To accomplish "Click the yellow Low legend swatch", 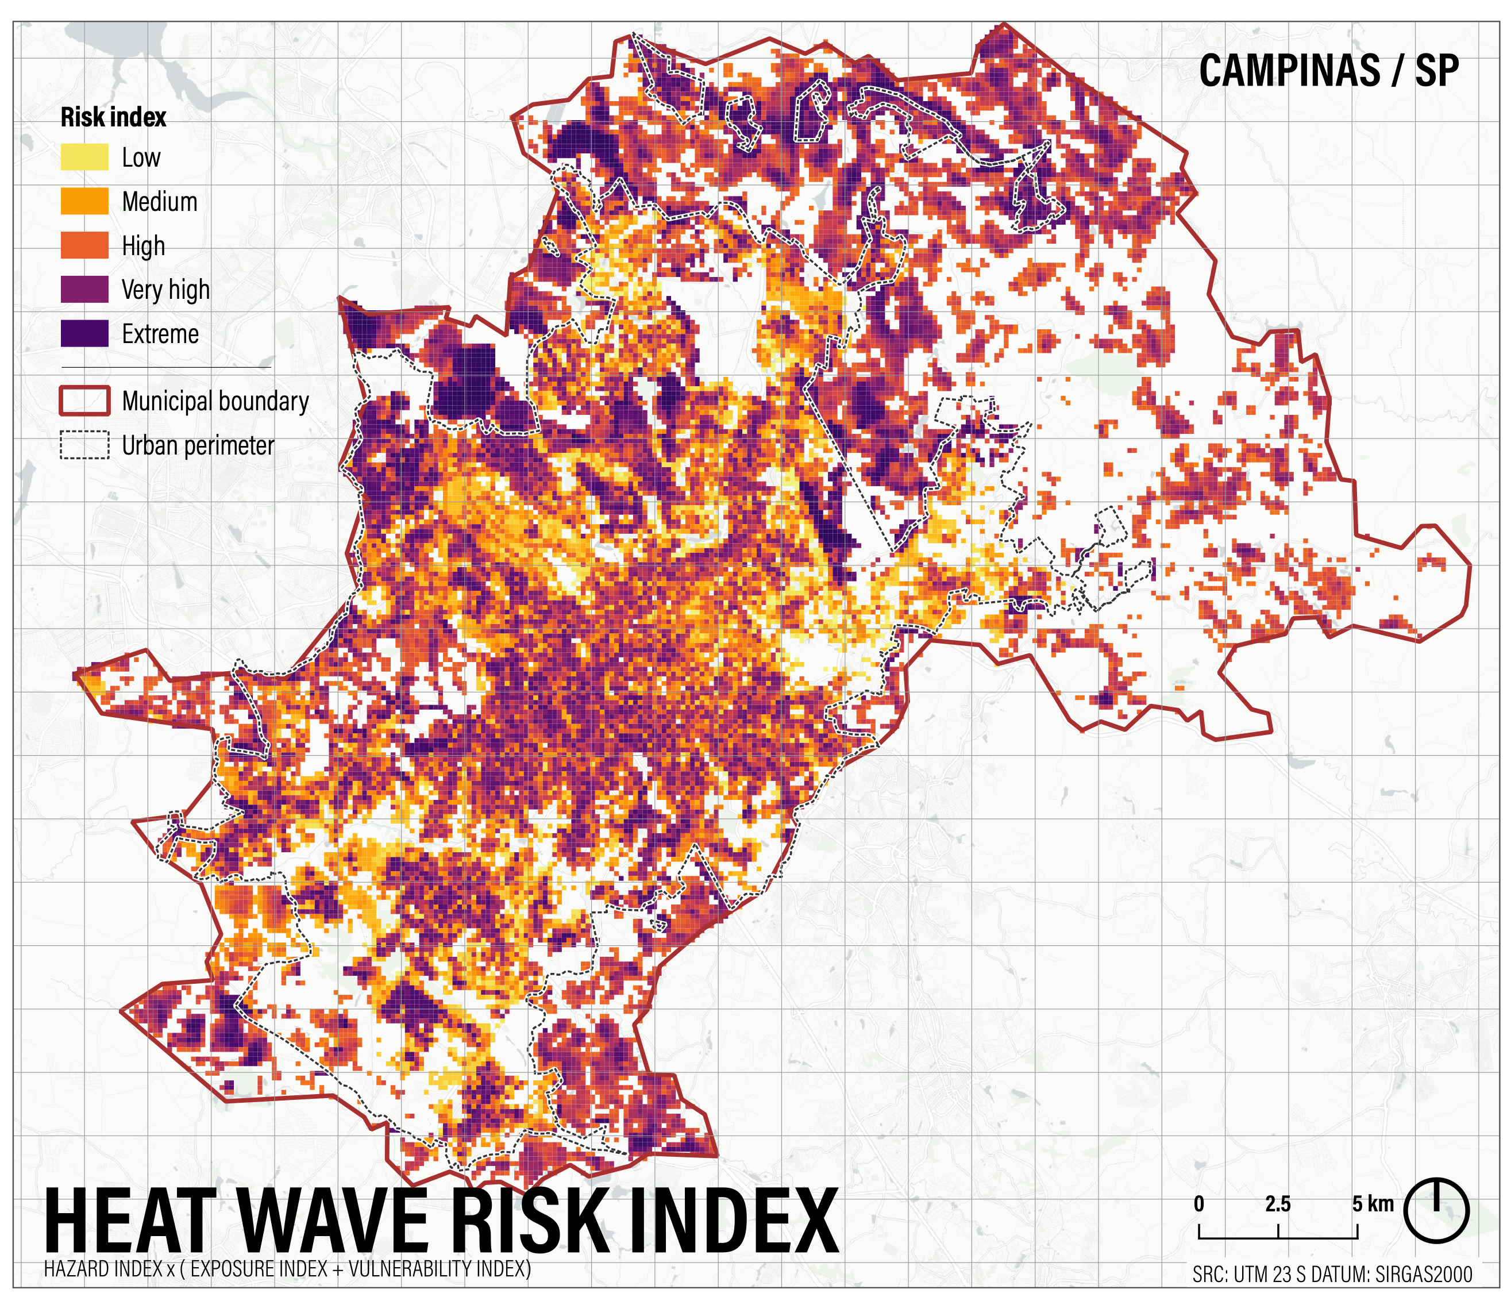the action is click(84, 157).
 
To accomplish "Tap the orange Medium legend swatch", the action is click(84, 202).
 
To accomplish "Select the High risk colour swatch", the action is click(84, 245).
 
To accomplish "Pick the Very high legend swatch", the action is click(84, 290).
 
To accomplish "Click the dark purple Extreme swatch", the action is click(84, 333).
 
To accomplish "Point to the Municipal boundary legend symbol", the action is click(84, 401).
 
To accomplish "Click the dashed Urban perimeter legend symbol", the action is click(84, 445).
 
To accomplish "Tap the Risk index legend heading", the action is click(113, 117).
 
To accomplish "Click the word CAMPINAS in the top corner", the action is click(1289, 71).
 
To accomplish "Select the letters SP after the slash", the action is click(1436, 71).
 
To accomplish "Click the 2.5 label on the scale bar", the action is click(1278, 1204).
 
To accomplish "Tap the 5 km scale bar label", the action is click(1373, 1204).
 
